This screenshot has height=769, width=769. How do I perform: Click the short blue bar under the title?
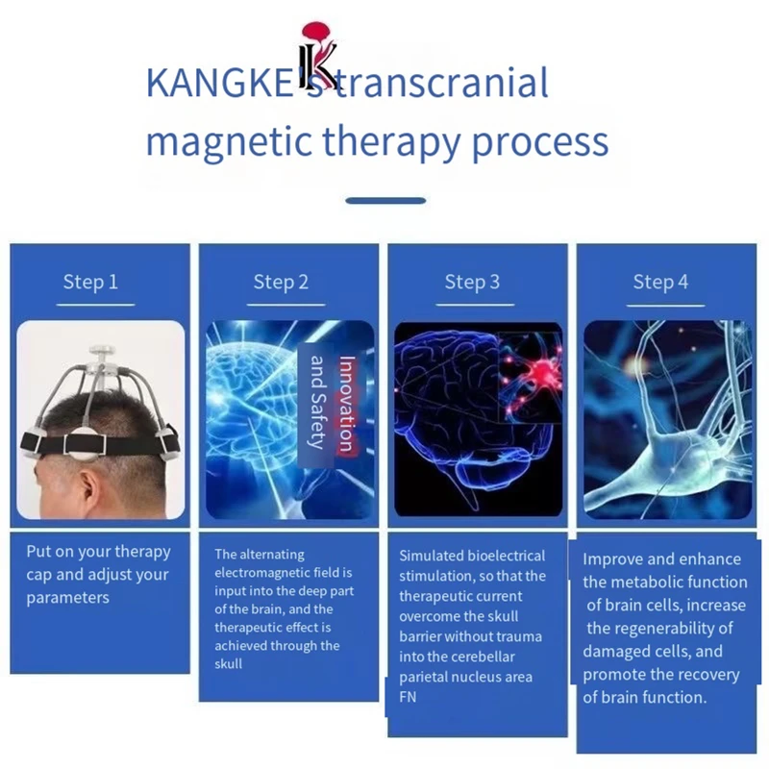(x=384, y=201)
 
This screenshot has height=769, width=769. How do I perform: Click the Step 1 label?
(x=90, y=282)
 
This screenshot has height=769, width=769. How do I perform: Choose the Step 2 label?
(x=281, y=282)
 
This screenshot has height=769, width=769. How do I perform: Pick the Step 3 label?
(x=472, y=282)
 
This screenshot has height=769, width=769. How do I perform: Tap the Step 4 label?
(x=660, y=282)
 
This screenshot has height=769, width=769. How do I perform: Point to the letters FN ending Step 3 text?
(x=408, y=698)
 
